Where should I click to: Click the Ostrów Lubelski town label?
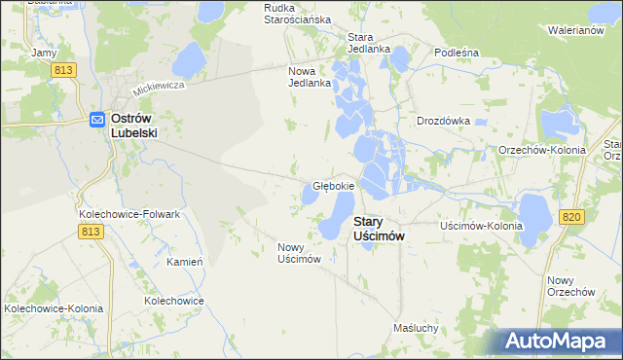[x=134, y=126]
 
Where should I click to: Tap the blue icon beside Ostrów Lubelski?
[x=97, y=119]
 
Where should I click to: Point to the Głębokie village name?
[x=333, y=185]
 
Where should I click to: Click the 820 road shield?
[x=571, y=216]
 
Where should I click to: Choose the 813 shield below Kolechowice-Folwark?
[x=91, y=231]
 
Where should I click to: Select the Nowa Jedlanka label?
[x=311, y=77]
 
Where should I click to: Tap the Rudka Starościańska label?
[x=298, y=14]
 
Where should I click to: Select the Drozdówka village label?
[x=443, y=122]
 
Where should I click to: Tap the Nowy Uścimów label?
[x=299, y=252]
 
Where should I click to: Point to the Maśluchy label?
[x=417, y=328]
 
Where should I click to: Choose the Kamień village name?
[x=184, y=263]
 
